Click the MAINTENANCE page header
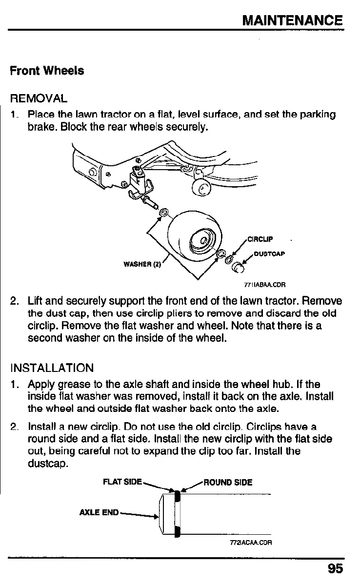tap(292, 20)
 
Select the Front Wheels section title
tap(47, 71)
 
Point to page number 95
tap(335, 568)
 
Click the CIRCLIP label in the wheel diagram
tap(260, 239)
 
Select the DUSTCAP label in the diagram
tap(269, 253)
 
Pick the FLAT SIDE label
tap(122, 482)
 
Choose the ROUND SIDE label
tap(228, 483)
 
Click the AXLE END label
tap(99, 512)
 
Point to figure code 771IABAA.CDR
tap(265, 285)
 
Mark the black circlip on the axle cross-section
tap(178, 512)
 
